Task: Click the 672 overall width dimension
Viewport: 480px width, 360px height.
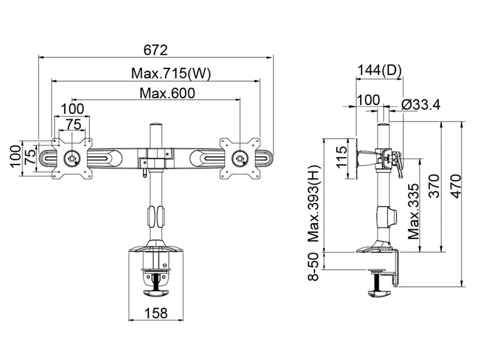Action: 155,50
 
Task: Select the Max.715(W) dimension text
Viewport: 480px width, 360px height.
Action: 171,73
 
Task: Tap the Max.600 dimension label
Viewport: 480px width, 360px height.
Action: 167,93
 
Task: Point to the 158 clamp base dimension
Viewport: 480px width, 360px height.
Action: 156,313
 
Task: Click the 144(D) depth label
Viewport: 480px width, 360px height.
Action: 379,70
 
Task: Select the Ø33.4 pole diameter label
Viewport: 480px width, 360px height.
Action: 421,105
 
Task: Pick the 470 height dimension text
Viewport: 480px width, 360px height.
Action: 456,186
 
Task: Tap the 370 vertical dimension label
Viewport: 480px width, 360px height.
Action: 434,186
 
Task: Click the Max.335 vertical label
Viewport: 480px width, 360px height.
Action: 413,212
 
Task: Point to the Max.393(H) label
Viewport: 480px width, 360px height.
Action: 313,203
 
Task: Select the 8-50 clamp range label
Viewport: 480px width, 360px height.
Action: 313,266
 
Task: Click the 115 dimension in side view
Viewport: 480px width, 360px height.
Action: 341,157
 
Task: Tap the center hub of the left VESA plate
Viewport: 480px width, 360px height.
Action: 72,158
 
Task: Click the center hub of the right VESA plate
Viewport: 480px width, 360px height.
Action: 240,158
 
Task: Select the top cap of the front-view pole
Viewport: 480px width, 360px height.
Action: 156,125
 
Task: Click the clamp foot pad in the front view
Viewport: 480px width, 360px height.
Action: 157,293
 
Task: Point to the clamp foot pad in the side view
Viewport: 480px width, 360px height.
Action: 380,293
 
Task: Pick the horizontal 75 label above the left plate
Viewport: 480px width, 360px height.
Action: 73,125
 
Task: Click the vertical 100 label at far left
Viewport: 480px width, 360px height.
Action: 16,156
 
